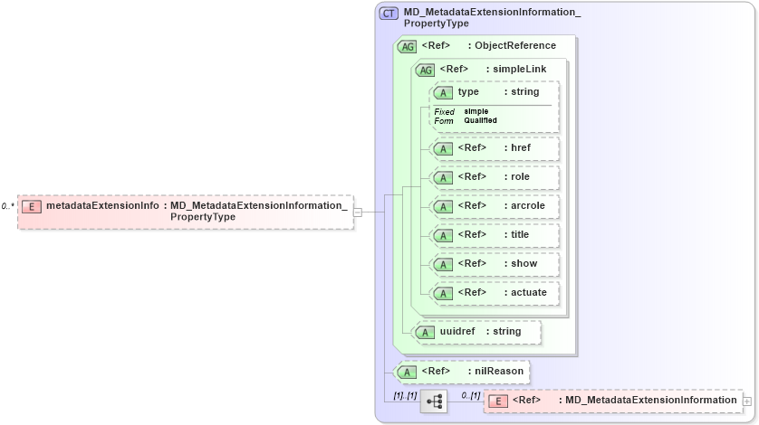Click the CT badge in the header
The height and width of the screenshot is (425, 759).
pyautogui.click(x=389, y=13)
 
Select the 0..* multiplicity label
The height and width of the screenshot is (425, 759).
pyautogui.click(x=7, y=206)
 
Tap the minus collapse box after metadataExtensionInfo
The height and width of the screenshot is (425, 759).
pyautogui.click(x=358, y=212)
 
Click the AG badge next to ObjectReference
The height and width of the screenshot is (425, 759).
pyautogui.click(x=407, y=46)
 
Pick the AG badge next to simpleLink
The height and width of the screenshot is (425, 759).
pyautogui.click(x=424, y=70)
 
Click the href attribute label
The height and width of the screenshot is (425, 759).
pyautogui.click(x=521, y=148)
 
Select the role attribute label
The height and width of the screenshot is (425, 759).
pyautogui.click(x=520, y=177)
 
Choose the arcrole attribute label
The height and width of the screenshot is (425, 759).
pyautogui.click(x=529, y=206)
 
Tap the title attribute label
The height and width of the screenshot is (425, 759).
pyautogui.click(x=520, y=235)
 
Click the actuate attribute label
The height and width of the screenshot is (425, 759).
pyautogui.click(x=529, y=293)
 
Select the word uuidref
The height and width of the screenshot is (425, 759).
pyautogui.click(x=456, y=331)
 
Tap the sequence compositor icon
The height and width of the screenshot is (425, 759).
pyautogui.click(x=434, y=401)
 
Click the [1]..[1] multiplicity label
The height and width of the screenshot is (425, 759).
pyautogui.click(x=404, y=395)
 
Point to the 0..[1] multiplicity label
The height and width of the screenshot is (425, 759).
pyautogui.click(x=470, y=395)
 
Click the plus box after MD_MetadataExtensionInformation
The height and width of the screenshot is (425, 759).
pyautogui.click(x=747, y=401)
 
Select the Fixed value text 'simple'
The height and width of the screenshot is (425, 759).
pyautogui.click(x=476, y=111)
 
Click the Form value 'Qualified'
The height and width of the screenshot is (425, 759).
pyautogui.click(x=480, y=120)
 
